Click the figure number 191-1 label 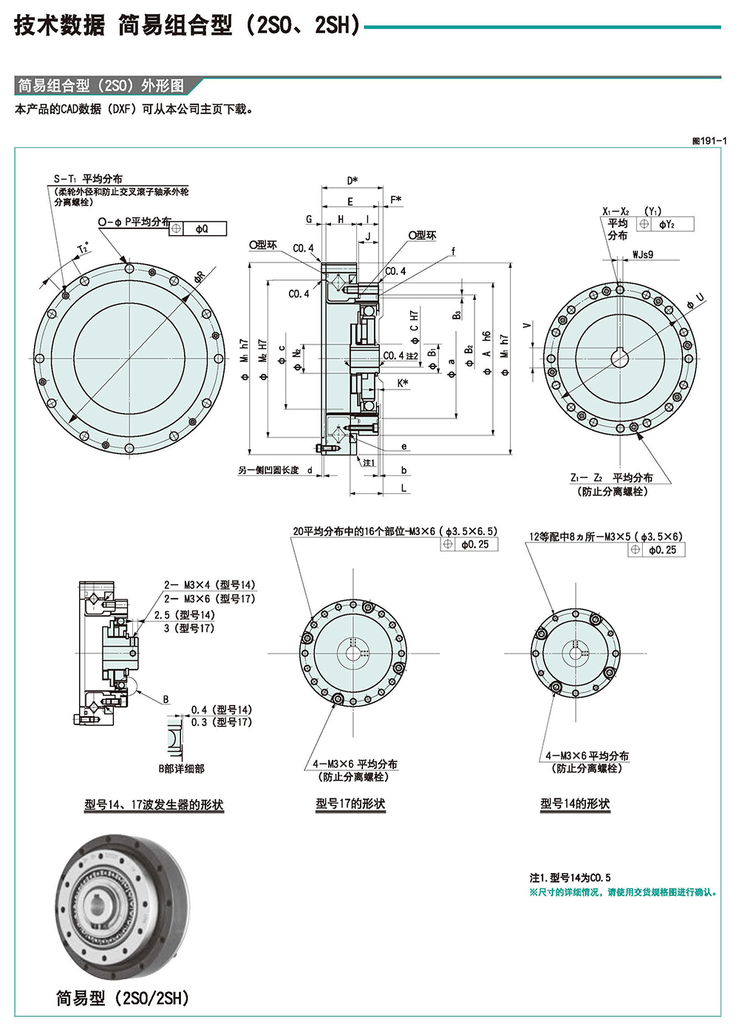(709, 140)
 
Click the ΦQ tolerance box (201, 229)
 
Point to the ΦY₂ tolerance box (667, 224)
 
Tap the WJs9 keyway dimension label (642, 255)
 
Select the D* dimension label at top (352, 180)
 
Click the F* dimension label (396, 200)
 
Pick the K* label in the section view (403, 383)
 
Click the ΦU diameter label (695, 300)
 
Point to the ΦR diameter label (200, 277)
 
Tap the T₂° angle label (83, 248)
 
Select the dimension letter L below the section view (403, 489)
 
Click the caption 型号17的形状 (350, 804)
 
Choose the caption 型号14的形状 (575, 804)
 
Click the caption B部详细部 (181, 769)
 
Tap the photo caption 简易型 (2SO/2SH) (123, 998)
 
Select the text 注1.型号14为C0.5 (570, 877)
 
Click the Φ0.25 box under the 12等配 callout (662, 550)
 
